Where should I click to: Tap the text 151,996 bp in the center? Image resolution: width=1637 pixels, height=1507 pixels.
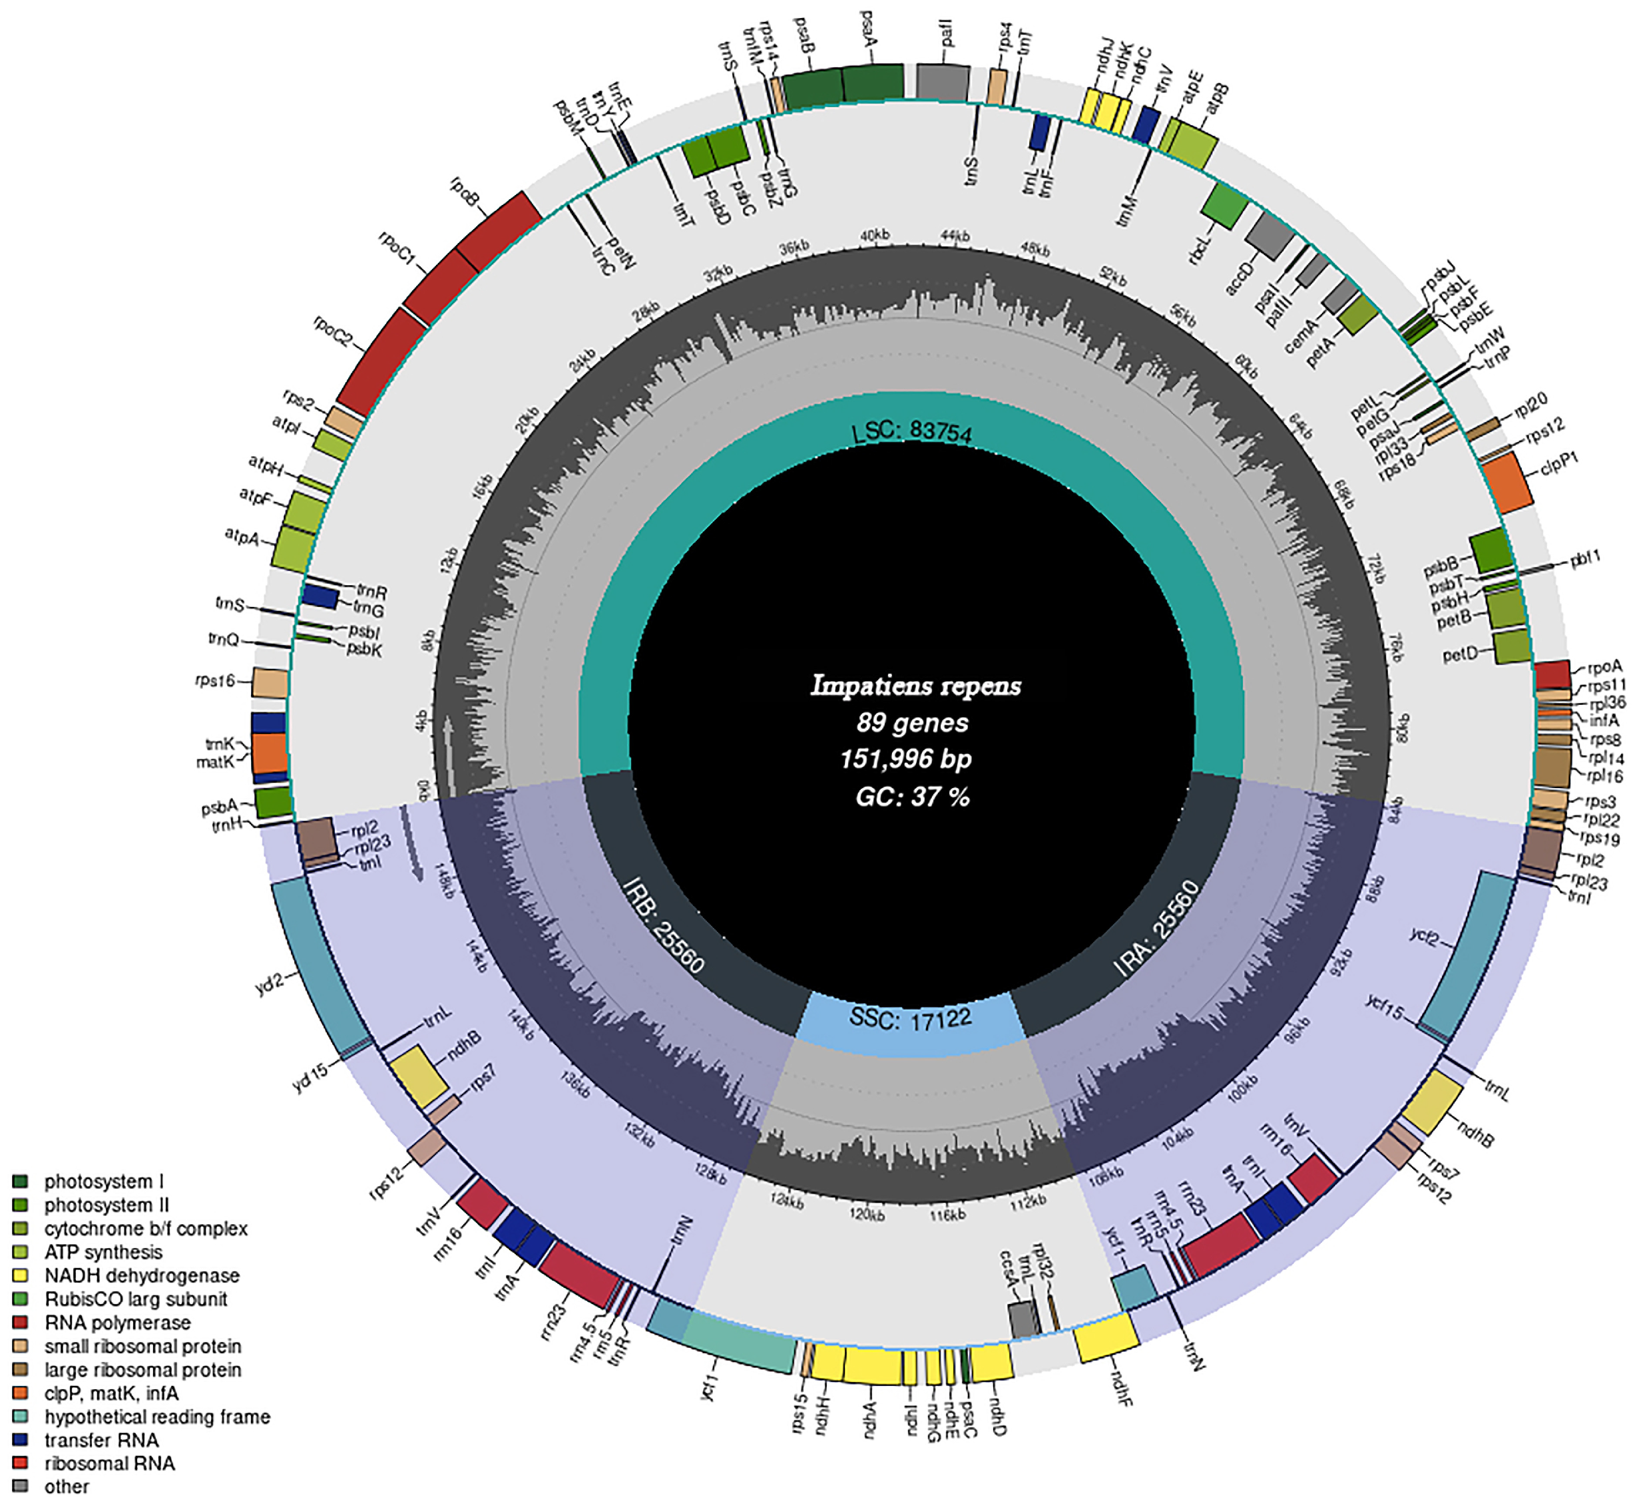point(906,759)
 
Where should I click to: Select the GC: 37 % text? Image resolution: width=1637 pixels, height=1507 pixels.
point(912,796)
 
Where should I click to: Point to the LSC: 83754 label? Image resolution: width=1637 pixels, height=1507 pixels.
point(912,431)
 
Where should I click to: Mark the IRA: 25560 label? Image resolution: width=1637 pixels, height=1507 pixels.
point(1156,928)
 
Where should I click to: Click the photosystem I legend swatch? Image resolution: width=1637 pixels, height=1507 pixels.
point(21,1182)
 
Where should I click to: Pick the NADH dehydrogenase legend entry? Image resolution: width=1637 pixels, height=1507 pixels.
point(142,1275)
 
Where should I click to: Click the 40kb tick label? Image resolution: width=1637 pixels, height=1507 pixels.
point(874,236)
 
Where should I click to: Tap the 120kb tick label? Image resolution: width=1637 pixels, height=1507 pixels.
point(866,1214)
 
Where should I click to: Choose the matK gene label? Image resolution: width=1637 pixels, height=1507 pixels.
point(214,762)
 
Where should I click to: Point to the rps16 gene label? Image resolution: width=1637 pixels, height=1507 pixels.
point(215,681)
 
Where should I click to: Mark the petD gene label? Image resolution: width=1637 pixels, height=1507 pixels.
point(1459,653)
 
